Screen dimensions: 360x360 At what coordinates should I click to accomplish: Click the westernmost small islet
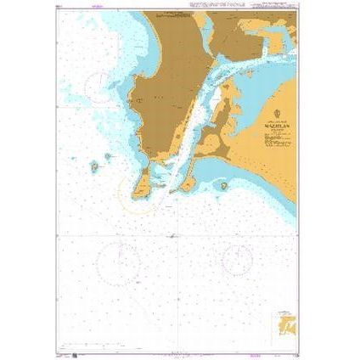[x=93, y=167]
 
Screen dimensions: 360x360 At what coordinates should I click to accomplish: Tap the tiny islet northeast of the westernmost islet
[x=108, y=156]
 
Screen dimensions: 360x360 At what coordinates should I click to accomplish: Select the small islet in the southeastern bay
[x=224, y=185]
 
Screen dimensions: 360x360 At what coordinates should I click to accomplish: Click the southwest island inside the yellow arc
[x=142, y=181]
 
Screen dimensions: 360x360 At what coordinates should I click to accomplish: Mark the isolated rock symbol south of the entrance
[x=172, y=236]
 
